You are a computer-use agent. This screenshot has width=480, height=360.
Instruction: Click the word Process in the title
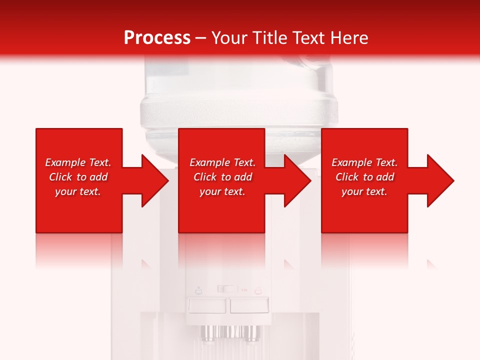[157, 38]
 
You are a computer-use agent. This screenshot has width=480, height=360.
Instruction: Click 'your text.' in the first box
[78, 191]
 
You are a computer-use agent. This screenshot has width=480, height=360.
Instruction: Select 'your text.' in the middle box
[222, 191]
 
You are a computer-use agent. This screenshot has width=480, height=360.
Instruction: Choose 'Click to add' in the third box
[364, 177]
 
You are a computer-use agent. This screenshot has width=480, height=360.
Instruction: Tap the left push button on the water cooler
[207, 305]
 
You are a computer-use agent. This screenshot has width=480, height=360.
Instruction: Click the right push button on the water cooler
[249, 305]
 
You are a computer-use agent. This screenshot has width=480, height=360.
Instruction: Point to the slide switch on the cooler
[228, 289]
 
